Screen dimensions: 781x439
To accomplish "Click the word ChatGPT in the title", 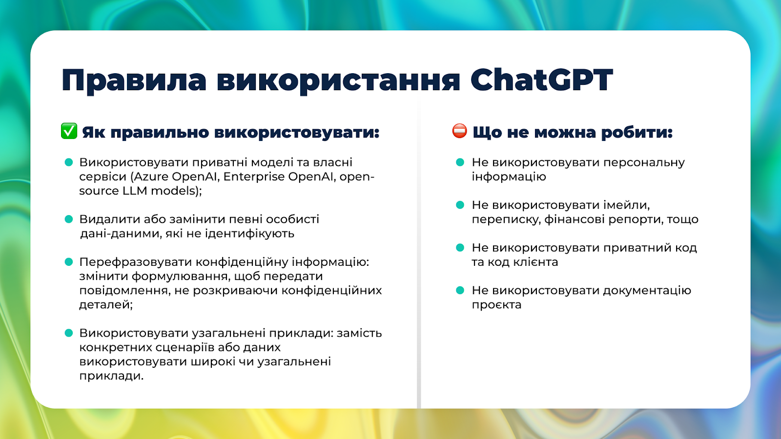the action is coord(541,80).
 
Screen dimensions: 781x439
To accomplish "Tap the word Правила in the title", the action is coord(134,81).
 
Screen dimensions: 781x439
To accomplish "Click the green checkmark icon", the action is coord(69,131).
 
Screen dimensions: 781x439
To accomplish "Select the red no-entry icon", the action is coord(459,131).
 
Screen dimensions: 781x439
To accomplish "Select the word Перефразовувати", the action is coord(135,262).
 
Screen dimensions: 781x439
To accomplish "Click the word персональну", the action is coord(644,163).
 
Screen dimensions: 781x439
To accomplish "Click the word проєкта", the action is coord(496,305).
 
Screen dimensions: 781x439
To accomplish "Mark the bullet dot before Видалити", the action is coord(69,219).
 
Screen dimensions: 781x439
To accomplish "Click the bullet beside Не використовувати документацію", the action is coord(460,290).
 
